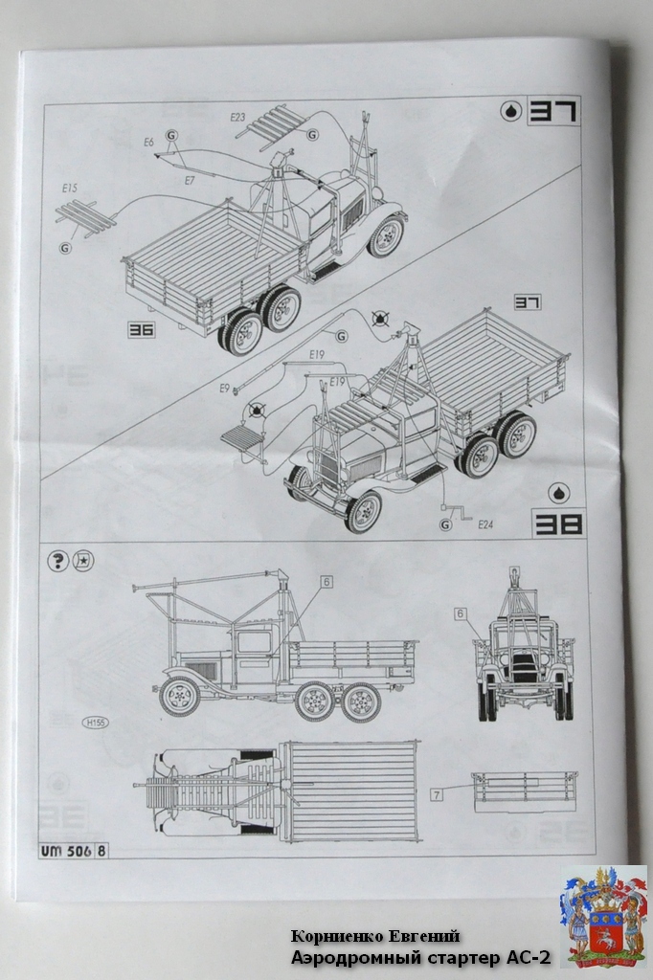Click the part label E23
[x=238, y=117]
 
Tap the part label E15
[x=68, y=189]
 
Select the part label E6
[x=148, y=142]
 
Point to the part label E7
[x=190, y=180]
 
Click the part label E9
[x=224, y=389]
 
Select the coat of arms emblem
[x=603, y=915]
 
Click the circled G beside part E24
[x=447, y=523]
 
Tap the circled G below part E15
[x=65, y=248]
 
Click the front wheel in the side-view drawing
[x=180, y=696]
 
